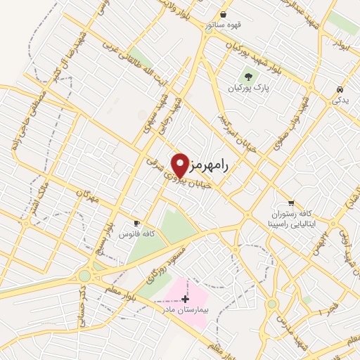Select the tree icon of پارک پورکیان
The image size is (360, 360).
(x=247, y=76)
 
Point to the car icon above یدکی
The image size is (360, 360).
(x=340, y=90)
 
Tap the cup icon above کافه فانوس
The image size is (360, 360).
(x=137, y=221)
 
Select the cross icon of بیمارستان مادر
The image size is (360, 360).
(x=185, y=298)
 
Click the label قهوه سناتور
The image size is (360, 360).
(x=223, y=25)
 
